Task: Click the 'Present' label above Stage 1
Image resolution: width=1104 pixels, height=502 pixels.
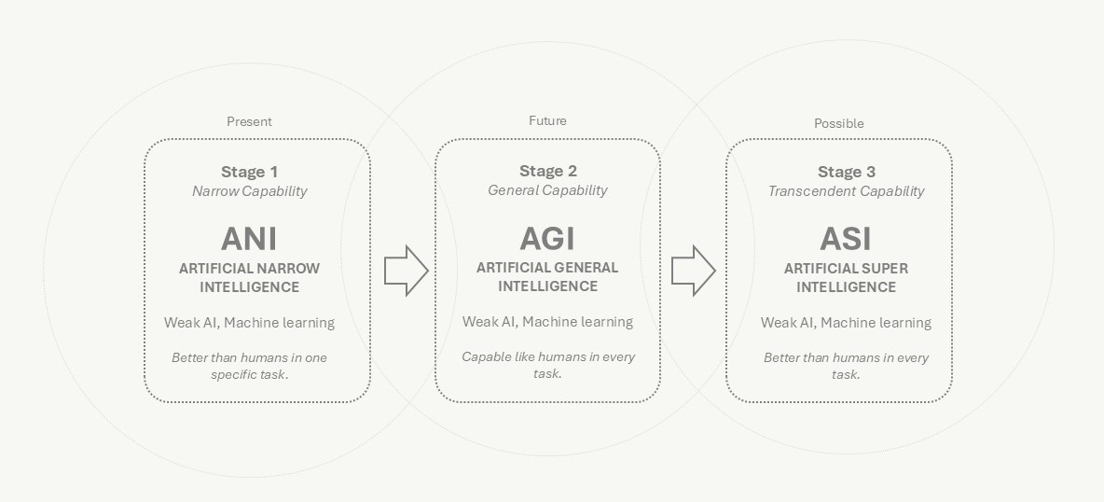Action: point(249,121)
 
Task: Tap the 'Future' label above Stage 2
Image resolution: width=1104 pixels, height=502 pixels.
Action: point(547,120)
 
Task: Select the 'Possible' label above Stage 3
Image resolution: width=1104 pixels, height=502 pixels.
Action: point(838,123)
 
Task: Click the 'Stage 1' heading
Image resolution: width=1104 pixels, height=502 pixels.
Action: point(249,172)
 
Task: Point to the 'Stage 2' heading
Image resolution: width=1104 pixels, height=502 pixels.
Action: point(547,171)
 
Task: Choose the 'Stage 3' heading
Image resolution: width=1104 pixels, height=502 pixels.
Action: point(846,172)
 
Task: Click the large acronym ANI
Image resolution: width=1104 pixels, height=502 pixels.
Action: point(249,239)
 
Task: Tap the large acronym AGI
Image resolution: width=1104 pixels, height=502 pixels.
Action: point(547,239)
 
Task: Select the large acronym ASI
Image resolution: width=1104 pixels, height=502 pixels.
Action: point(846,239)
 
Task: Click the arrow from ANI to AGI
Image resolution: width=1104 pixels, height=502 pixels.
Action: point(406,272)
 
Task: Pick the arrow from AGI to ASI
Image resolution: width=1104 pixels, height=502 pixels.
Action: point(693,272)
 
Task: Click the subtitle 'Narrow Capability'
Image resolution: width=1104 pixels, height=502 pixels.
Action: point(249,191)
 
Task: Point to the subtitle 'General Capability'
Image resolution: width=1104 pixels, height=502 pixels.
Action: point(547,190)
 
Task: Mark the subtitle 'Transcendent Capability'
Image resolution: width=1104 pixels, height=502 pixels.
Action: point(846,191)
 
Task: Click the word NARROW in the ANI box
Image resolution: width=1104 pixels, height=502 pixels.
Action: point(286,269)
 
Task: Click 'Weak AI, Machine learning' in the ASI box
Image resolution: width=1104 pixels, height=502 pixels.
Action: point(846,323)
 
